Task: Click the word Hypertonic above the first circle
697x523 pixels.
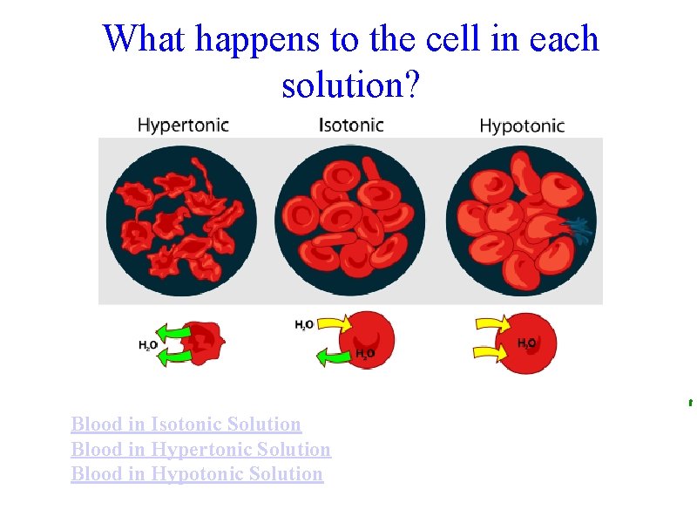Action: [183, 125]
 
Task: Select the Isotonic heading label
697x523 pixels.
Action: [351, 125]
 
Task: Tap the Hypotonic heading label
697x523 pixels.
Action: [522, 126]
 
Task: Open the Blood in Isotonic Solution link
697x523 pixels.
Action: [186, 425]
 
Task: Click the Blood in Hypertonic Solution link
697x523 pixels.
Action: [200, 450]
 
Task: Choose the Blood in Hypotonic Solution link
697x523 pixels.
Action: [197, 474]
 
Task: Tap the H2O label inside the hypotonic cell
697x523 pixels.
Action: [527, 343]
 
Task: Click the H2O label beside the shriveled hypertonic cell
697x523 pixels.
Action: [148, 345]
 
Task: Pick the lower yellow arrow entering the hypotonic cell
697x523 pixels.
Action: [491, 352]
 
